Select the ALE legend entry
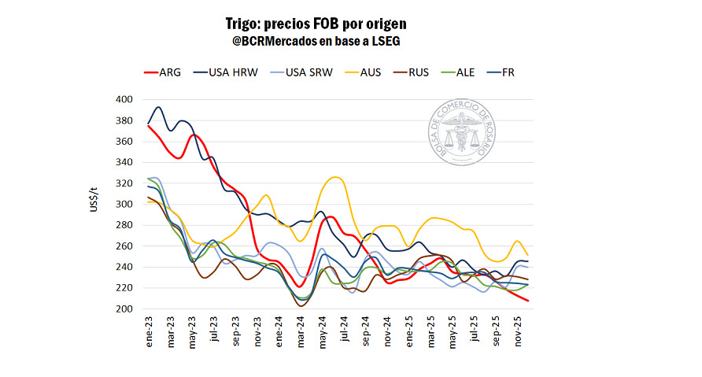[462, 72]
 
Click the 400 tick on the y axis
[123, 100]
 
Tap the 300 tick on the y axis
[123, 205]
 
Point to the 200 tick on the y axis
[123, 309]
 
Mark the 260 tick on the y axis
[123, 246]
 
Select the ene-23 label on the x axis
[149, 331]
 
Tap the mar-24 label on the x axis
[300, 331]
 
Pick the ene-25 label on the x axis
[408, 331]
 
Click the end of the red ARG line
[526, 301]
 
